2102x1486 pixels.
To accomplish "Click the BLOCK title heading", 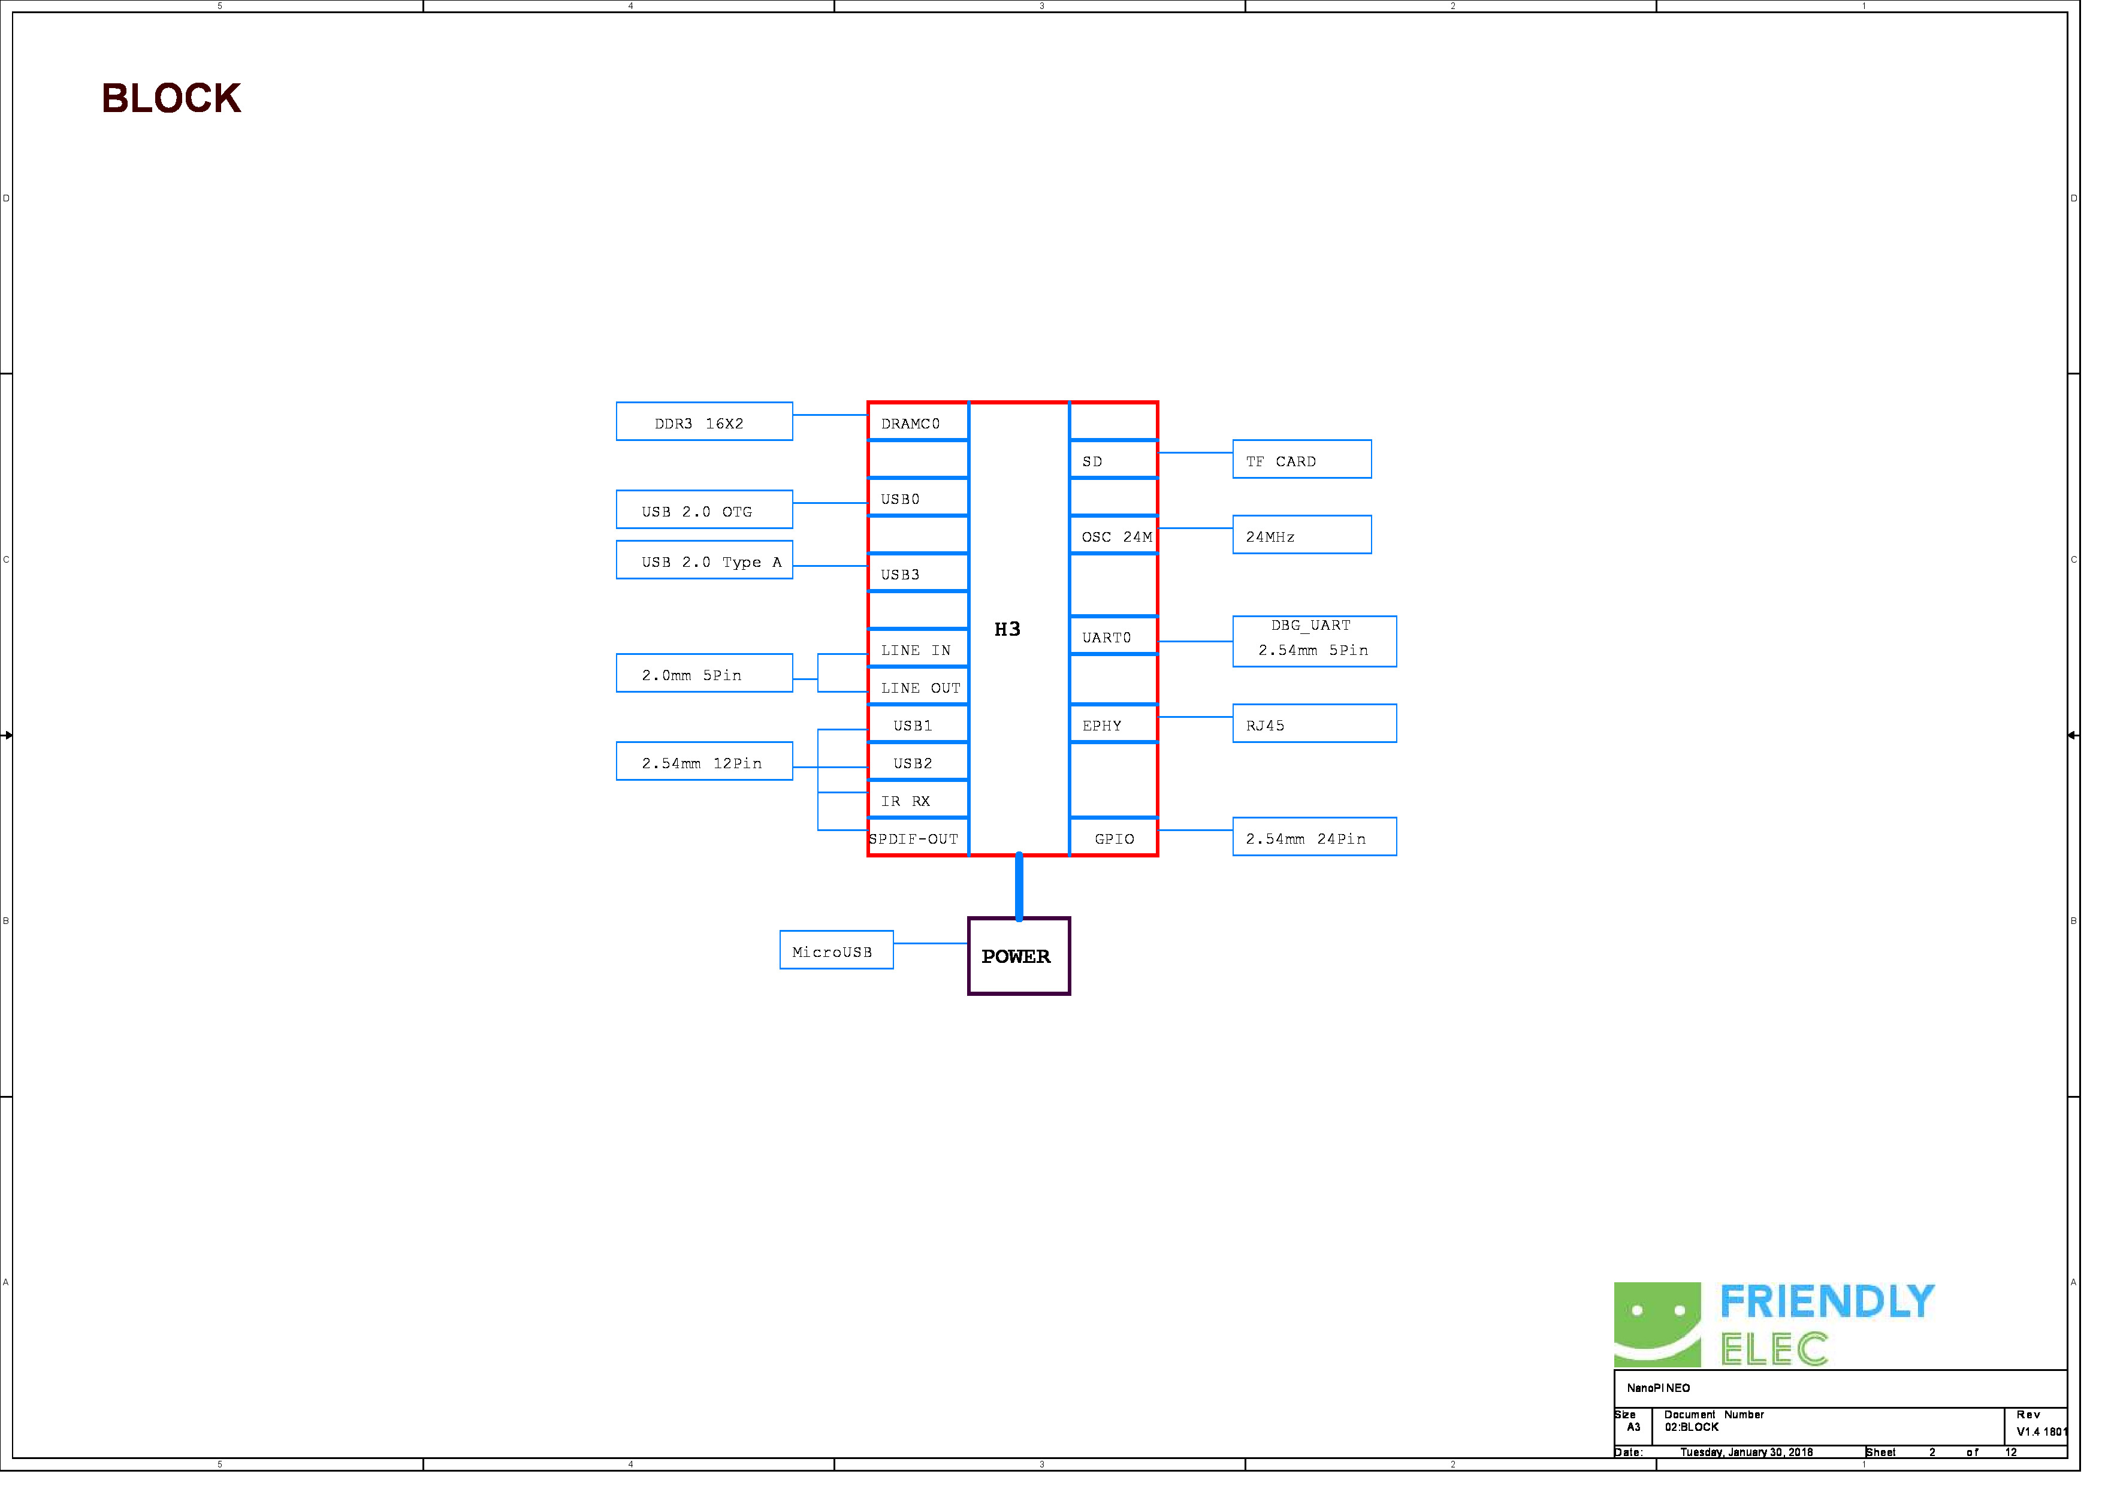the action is coord(172,99).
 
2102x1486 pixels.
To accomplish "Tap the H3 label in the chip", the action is coord(1016,635).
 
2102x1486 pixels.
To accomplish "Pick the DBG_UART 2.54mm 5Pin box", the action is coord(1327,647).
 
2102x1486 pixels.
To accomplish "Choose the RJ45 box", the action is coord(1327,730).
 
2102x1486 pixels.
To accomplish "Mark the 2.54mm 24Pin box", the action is coord(1327,844).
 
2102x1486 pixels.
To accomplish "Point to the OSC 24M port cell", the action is coord(1124,540).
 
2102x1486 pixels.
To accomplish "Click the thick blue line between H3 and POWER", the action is coord(1028,895).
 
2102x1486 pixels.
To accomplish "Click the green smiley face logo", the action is coord(1672,1336).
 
